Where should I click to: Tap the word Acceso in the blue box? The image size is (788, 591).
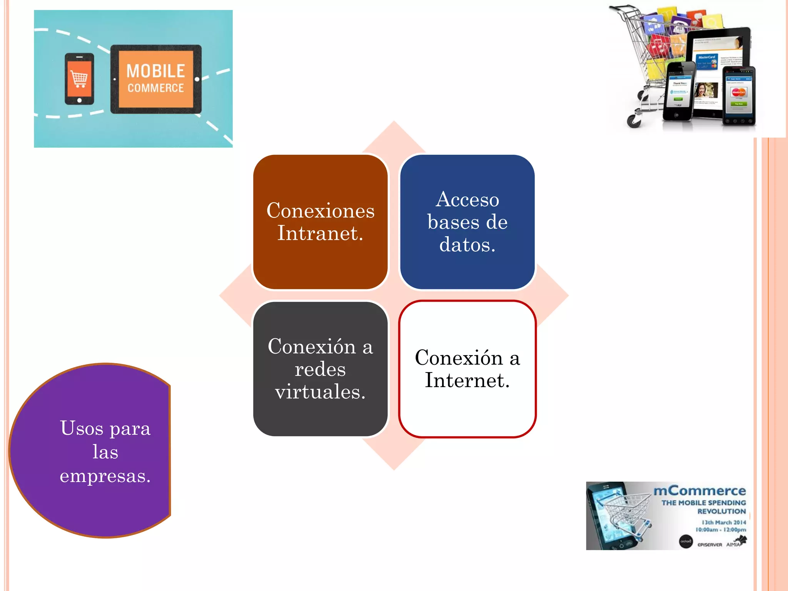(467, 200)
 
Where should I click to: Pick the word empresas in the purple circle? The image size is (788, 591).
(105, 476)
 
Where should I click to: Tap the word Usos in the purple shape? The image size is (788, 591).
(81, 428)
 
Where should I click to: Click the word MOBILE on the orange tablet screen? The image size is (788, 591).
(155, 71)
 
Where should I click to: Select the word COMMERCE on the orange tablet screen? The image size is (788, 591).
(155, 88)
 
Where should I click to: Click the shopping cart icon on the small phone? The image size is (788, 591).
(79, 79)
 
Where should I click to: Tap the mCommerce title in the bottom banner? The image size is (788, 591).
(699, 491)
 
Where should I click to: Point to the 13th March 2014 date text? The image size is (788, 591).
(723, 522)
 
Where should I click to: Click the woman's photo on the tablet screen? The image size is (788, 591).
(706, 91)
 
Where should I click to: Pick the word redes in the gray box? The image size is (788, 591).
(320, 369)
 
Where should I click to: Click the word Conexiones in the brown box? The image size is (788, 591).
(320, 211)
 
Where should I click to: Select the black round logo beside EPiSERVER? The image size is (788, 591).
(686, 541)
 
